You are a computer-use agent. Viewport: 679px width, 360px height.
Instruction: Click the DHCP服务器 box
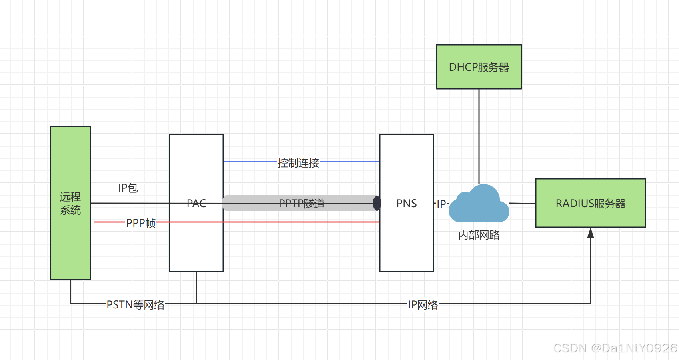(479, 67)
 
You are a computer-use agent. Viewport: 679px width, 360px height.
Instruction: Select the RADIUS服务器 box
(590, 203)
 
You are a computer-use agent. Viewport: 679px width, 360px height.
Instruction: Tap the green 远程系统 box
(70, 240)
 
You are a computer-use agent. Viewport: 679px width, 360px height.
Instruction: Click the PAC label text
(196, 204)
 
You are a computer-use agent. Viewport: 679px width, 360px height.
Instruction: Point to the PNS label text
(407, 204)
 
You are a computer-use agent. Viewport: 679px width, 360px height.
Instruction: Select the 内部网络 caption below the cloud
(479, 235)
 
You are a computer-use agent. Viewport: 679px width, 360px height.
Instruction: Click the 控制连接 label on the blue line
(298, 163)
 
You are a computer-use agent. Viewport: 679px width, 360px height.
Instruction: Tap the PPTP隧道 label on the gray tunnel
(302, 204)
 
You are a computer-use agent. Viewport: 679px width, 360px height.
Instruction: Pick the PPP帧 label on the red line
(141, 223)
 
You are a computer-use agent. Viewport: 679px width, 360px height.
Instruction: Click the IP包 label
(128, 188)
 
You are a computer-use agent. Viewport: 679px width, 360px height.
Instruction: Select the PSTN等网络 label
(136, 305)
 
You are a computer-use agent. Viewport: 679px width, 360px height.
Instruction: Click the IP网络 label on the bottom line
(423, 305)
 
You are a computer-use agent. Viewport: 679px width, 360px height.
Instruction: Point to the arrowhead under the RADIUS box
(591, 233)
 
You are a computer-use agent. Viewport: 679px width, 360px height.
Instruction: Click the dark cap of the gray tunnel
(377, 203)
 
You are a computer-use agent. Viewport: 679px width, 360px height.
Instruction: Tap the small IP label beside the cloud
(441, 204)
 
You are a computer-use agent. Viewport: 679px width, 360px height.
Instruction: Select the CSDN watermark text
(615, 348)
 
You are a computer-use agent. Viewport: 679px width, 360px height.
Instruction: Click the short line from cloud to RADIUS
(522, 204)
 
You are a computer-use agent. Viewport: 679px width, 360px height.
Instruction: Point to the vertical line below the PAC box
(196, 287)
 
